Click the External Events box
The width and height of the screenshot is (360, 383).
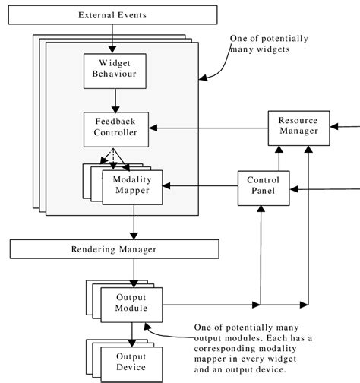click(x=112, y=15)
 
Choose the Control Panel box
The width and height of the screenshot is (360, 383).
click(x=264, y=185)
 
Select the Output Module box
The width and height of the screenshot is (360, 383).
click(x=131, y=302)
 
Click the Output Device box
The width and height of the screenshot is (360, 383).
click(x=131, y=361)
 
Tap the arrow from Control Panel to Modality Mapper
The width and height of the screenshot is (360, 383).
click(x=201, y=185)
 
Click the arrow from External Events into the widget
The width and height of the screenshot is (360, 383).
click(x=112, y=38)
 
